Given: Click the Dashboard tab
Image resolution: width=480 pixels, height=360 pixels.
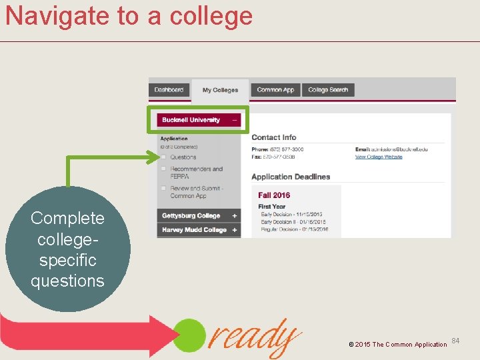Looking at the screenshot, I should (x=169, y=90).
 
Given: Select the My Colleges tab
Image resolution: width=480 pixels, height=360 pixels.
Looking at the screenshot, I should (x=220, y=90).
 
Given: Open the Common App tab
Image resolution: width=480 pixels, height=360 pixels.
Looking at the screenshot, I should (x=275, y=90).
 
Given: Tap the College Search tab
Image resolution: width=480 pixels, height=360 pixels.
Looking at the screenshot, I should (x=328, y=90).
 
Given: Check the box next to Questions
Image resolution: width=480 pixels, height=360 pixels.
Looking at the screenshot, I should (x=163, y=157).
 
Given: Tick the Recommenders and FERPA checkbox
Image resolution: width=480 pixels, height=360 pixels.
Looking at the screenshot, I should (x=163, y=169).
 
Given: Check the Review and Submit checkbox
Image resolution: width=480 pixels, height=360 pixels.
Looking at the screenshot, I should (x=163, y=189).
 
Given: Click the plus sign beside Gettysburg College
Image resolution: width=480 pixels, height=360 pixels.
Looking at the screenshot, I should (x=235, y=215).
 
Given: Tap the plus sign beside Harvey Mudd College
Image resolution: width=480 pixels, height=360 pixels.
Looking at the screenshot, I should (x=235, y=230).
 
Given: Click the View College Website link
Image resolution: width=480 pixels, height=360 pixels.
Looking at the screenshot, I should (x=379, y=157).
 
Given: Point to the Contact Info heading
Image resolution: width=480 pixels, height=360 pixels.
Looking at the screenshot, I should (x=274, y=137).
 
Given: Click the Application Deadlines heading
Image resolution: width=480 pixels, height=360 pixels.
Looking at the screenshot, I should (x=291, y=177).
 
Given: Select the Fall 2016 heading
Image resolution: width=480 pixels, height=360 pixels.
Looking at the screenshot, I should (x=274, y=195).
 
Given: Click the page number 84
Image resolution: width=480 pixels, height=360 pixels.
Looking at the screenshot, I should (x=456, y=341).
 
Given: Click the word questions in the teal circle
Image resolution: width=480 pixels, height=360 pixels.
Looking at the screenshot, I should (x=67, y=281).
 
